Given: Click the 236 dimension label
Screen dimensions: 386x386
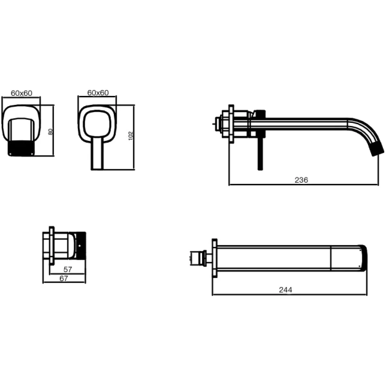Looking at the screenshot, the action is [x=301, y=180].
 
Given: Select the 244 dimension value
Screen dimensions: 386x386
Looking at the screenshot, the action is [x=286, y=289].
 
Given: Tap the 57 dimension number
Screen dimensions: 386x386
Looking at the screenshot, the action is [x=68, y=270].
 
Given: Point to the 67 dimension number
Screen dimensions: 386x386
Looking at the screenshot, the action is [x=64, y=279].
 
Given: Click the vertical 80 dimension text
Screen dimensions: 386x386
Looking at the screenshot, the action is [x=50, y=132].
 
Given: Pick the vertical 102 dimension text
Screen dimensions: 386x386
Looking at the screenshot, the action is [x=131, y=136].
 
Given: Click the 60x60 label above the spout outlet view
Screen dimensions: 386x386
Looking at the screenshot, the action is [x=21, y=93].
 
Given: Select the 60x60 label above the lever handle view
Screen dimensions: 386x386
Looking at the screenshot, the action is [x=98, y=93].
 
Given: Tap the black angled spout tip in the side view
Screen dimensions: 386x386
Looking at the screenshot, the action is [x=376, y=148].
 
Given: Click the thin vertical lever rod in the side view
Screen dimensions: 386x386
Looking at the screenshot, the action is [x=261, y=153].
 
